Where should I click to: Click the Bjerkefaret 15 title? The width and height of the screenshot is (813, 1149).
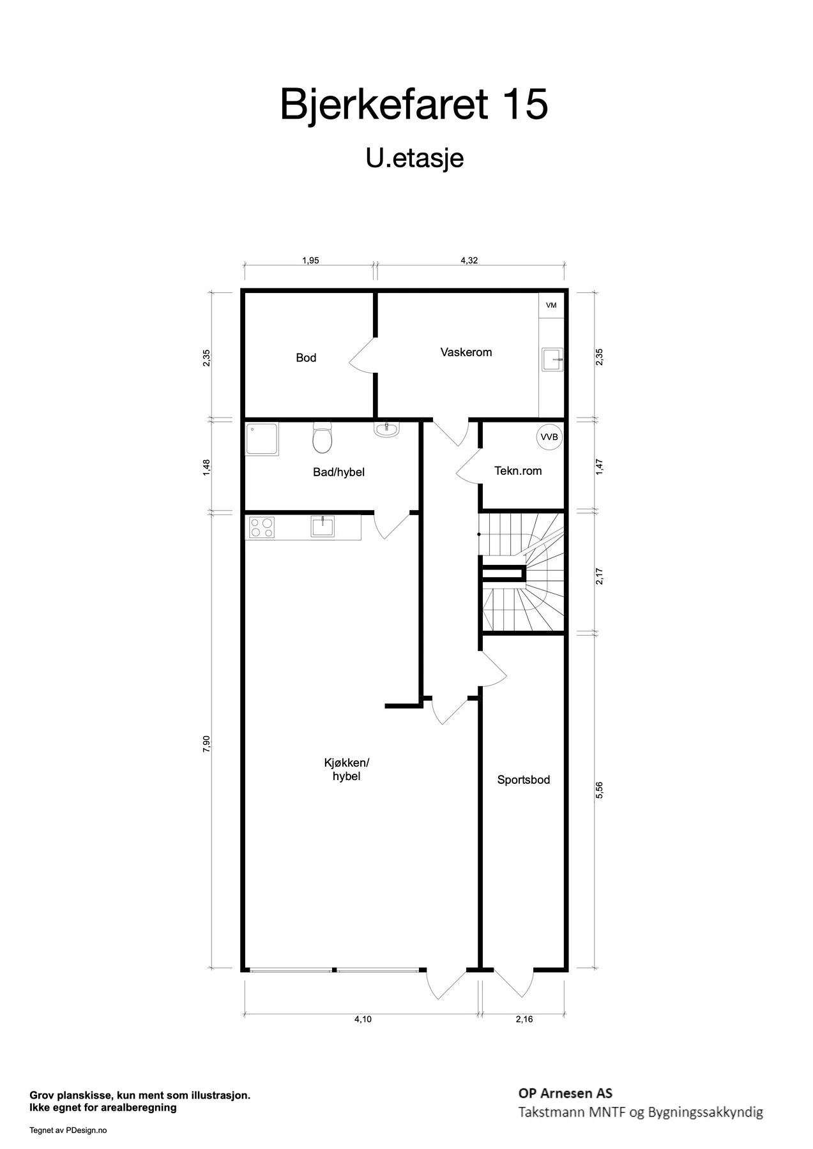pos(414,105)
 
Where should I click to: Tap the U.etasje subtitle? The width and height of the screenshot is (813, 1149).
pos(414,158)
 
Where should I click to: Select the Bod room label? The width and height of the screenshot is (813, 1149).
pos(306,357)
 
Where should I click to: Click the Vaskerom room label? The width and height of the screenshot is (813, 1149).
pos(466,352)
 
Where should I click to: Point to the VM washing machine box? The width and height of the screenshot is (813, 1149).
pos(551,305)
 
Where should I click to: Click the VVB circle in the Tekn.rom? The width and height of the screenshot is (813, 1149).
pos(549,437)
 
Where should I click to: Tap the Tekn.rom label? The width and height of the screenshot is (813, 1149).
pos(518,471)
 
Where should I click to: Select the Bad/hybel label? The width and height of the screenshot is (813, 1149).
pos(338,472)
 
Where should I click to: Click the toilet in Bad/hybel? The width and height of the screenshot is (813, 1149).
pos(323,437)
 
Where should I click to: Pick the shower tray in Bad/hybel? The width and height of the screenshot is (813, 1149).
pos(262,439)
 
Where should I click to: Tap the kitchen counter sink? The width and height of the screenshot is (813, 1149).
pos(322,527)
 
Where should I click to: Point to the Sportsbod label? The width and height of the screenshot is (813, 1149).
pos(524,779)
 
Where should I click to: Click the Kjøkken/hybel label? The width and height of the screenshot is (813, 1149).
pos(347,769)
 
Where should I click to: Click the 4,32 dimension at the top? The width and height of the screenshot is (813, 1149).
pos(469,260)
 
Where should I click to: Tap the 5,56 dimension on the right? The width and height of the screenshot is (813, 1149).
pos(599,790)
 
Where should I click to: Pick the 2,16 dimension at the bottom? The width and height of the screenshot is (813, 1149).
pos(524,1019)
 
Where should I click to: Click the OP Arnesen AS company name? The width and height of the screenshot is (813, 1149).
pos(566,1093)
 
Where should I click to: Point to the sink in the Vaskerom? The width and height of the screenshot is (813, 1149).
pos(552,359)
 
